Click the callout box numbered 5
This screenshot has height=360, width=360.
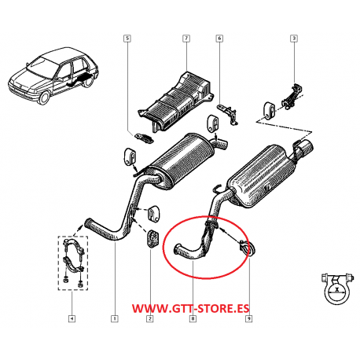point(127,39)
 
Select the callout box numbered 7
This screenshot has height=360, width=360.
point(186,39)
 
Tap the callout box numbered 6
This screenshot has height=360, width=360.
point(219,39)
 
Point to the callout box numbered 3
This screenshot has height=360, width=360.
point(294,39)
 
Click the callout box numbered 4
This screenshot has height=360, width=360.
point(72,318)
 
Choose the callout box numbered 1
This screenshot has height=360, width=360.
point(115,318)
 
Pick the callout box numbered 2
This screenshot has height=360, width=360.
point(150,318)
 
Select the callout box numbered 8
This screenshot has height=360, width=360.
point(193,318)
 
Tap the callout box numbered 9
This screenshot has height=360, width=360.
point(248,318)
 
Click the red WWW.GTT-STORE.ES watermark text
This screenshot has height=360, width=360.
point(190,308)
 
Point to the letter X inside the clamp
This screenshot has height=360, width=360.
point(337,290)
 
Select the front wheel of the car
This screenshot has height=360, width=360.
point(45,97)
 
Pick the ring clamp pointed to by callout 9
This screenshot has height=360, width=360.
point(248,248)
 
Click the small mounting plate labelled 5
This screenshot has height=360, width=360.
point(144,138)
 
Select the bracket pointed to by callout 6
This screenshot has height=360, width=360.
point(229,113)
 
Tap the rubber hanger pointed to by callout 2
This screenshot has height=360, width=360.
point(152,238)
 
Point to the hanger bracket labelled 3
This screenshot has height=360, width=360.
point(292,97)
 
